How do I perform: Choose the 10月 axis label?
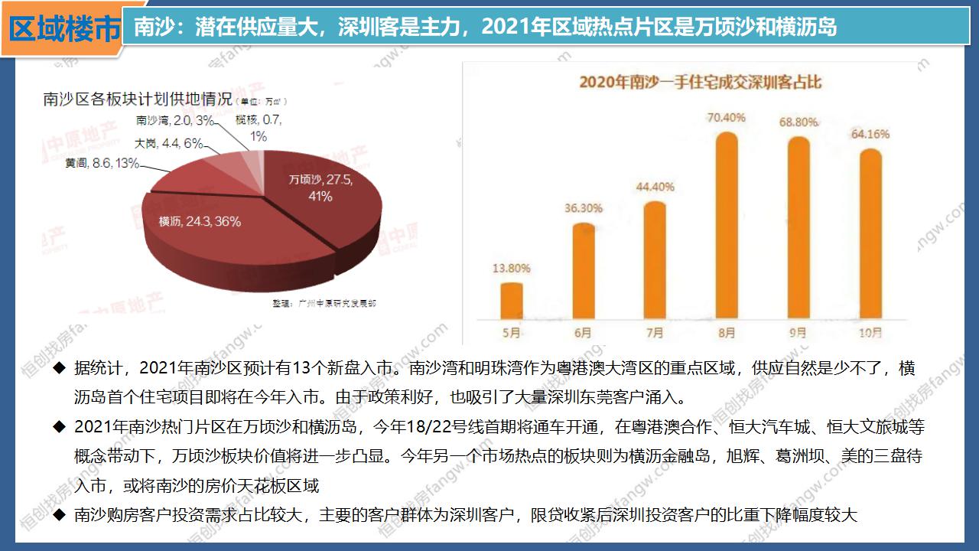(870, 333)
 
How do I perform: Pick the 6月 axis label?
(583, 333)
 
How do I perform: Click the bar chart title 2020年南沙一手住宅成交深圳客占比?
(700, 81)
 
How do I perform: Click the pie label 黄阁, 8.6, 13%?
(102, 163)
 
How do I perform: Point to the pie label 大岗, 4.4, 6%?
(169, 143)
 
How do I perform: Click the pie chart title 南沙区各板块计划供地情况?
(138, 99)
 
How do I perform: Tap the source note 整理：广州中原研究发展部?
(324, 304)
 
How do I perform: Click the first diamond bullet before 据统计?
(59, 369)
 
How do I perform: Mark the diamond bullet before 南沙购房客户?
(59, 515)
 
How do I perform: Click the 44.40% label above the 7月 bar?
(655, 186)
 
